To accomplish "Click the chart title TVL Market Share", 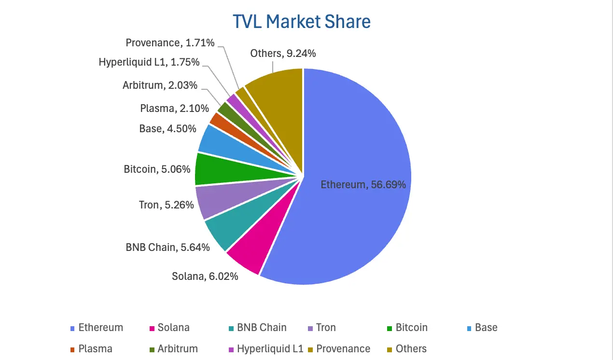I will (x=302, y=22).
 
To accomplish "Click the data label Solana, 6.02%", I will (x=205, y=277).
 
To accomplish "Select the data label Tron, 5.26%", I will (x=166, y=205).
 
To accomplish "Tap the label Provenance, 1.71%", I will (x=170, y=43).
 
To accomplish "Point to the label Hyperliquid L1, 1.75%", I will (x=149, y=62).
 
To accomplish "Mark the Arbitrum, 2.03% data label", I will (x=160, y=85).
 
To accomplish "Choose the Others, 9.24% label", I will (x=283, y=54).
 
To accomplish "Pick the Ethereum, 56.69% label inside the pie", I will (x=363, y=185).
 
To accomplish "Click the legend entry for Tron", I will (x=326, y=328).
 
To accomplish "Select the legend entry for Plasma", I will (x=95, y=349).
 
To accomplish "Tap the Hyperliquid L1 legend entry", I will (x=270, y=349).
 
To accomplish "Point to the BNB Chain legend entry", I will (x=262, y=328).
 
